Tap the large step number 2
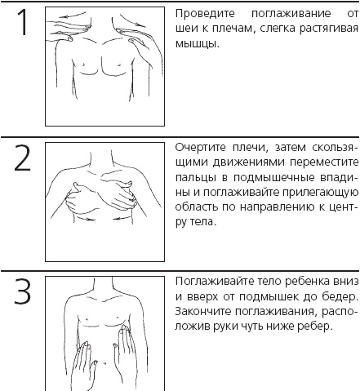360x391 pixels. pyautogui.click(x=22, y=158)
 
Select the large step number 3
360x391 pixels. pyautogui.click(x=22, y=291)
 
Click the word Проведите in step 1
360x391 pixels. pyautogui.click(x=205, y=14)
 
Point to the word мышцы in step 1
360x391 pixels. pyautogui.click(x=197, y=43)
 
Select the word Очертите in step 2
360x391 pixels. pyautogui.click(x=201, y=148)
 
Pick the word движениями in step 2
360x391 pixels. pyautogui.click(x=248, y=162)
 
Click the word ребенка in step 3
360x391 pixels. pyautogui.click(x=307, y=282)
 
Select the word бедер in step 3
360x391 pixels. pyautogui.click(x=340, y=296)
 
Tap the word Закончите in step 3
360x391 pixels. pyautogui.click(x=202, y=311)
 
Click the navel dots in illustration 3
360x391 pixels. pyautogui.click(x=104, y=362)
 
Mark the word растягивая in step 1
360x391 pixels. pyautogui.click(x=329, y=29)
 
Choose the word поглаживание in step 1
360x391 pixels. pyautogui.click(x=291, y=14)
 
